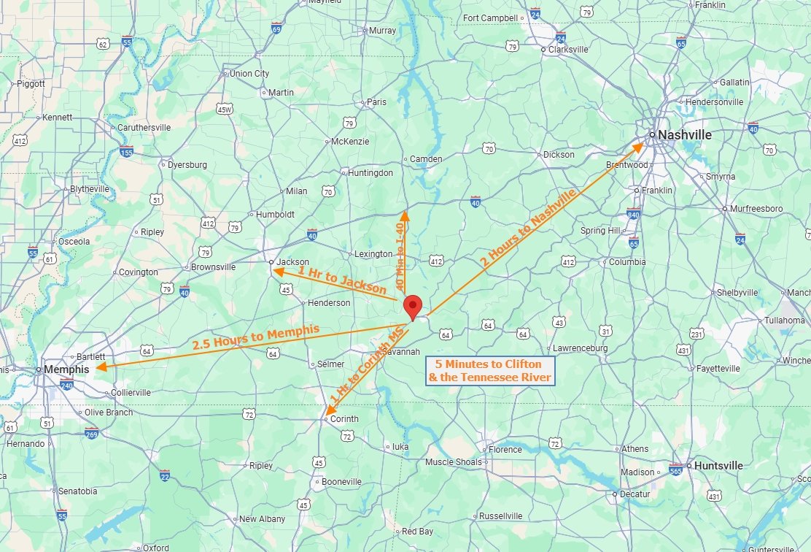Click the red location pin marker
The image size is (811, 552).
pyautogui.click(x=414, y=307)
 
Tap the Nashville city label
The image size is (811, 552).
pyautogui.click(x=684, y=135)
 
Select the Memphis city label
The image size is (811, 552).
pyautogui.click(x=66, y=369)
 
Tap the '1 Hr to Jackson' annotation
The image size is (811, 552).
pyautogui.click(x=341, y=280)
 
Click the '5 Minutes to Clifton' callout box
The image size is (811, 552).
pyautogui.click(x=490, y=371)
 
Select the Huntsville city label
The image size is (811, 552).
pyautogui.click(x=718, y=466)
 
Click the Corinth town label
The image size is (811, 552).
pyautogui.click(x=344, y=419)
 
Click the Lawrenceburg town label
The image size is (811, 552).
pyautogui.click(x=580, y=348)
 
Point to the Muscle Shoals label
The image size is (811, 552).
pyautogui.click(x=453, y=462)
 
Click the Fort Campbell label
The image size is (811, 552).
pyautogui.click(x=490, y=18)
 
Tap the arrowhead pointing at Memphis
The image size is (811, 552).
pyautogui.click(x=101, y=367)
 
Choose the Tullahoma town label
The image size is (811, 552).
pyautogui.click(x=784, y=321)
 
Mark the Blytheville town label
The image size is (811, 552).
pyautogui.click(x=89, y=189)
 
